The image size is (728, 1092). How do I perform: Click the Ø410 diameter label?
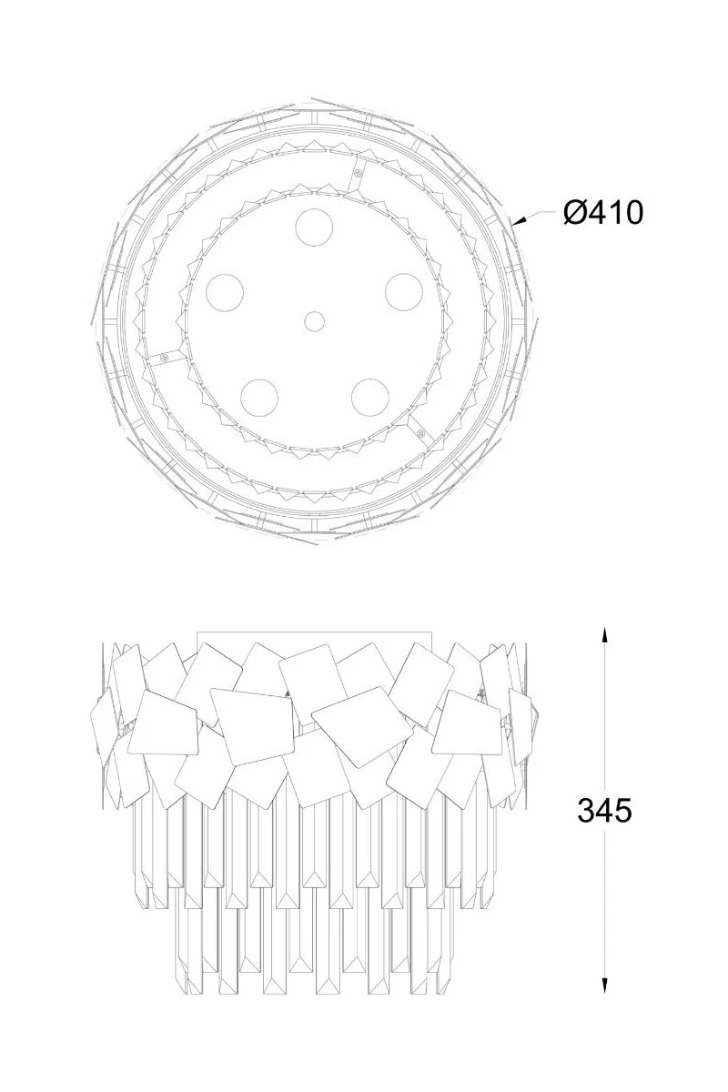pyautogui.click(x=603, y=213)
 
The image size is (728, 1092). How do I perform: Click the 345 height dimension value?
pyautogui.click(x=604, y=811)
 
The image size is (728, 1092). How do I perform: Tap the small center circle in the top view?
pyautogui.click(x=315, y=321)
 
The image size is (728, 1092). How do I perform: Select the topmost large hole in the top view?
pyautogui.click(x=315, y=227)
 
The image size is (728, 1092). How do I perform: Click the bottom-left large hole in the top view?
pyautogui.click(x=259, y=398)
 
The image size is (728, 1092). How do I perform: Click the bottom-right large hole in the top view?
pyautogui.click(x=370, y=398)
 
